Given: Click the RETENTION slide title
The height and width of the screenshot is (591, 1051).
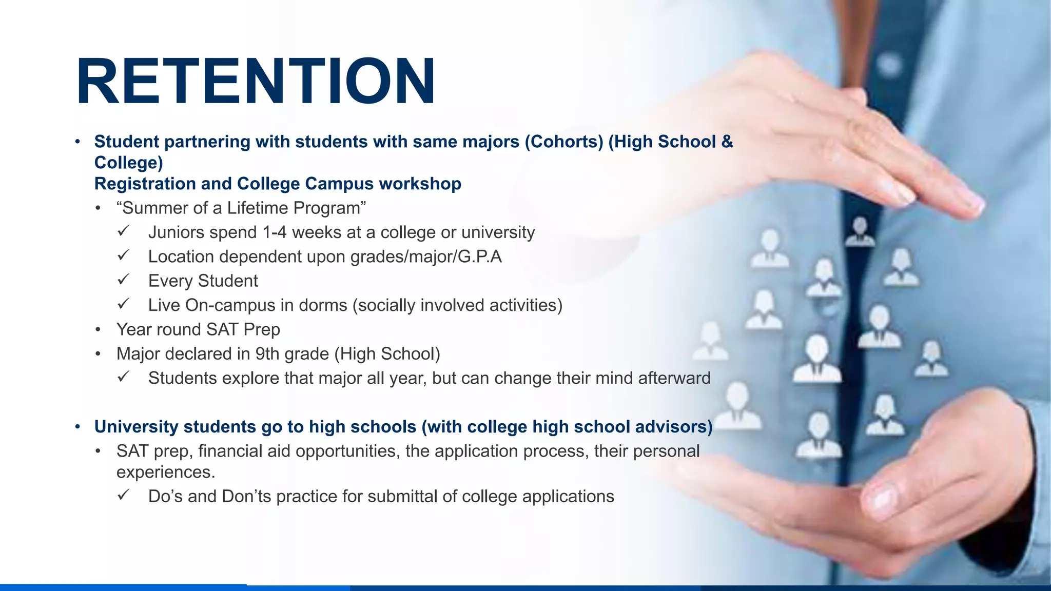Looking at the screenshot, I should point(256,82).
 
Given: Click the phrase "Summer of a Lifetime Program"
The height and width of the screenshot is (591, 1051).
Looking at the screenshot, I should point(241,208).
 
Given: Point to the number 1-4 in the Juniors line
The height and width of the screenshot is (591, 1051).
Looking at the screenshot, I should point(274,232).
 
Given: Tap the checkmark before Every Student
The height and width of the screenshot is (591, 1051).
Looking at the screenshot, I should point(123,280).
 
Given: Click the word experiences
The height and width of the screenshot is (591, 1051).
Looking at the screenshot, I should point(165,472).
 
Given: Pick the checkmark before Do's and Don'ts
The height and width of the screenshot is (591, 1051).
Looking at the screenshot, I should point(123,495).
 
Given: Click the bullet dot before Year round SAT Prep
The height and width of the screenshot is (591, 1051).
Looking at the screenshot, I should point(98,329).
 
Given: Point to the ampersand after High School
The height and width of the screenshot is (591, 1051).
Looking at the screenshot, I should point(727,142).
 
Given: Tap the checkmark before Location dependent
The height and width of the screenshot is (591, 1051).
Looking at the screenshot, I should point(123,255).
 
